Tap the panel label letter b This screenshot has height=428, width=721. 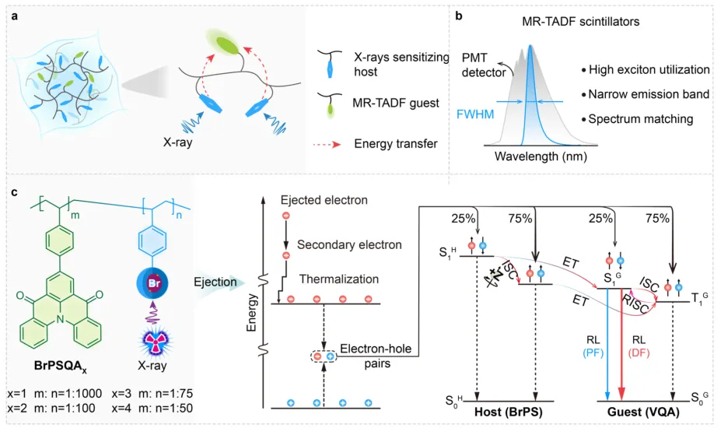coord(459,12)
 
